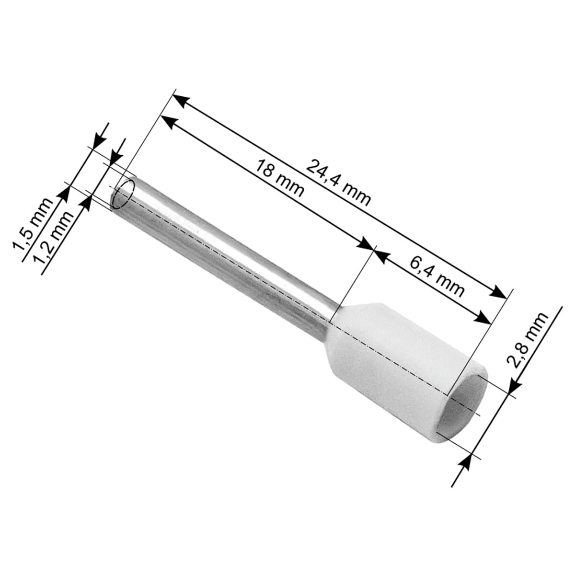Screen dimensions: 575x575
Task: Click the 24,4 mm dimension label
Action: pyautogui.click(x=338, y=183)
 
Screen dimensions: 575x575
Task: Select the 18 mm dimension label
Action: pyautogui.click(x=280, y=178)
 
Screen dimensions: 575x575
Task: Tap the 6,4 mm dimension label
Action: pyautogui.click(x=437, y=277)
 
